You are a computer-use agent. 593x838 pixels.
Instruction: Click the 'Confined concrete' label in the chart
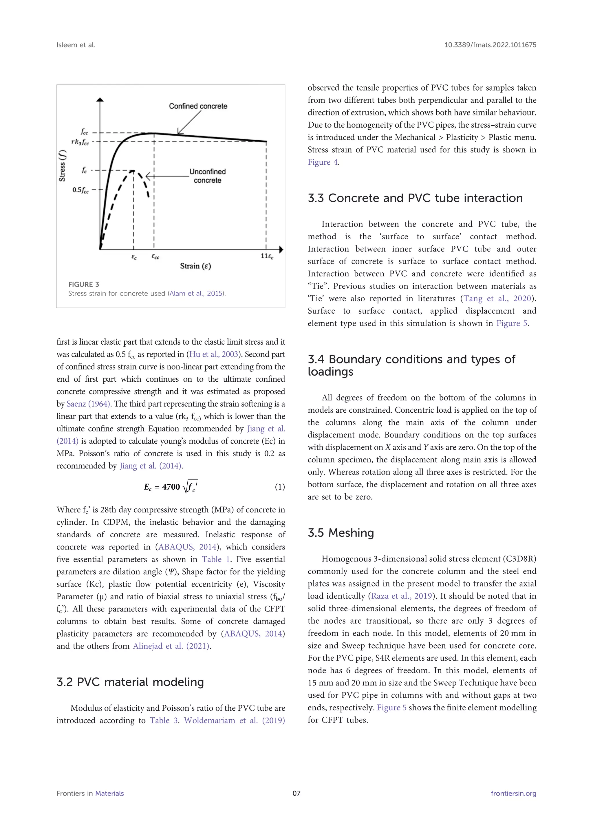(198, 106)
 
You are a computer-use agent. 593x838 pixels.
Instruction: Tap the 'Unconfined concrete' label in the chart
(207, 176)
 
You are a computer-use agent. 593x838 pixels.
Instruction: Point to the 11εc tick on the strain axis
(267, 256)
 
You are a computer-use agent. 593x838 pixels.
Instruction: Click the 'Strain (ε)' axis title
(195, 266)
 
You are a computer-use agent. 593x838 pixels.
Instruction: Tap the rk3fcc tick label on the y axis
(80, 142)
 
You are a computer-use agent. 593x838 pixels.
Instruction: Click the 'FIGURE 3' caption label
(84, 284)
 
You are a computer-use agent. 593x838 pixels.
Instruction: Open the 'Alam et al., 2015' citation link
(196, 293)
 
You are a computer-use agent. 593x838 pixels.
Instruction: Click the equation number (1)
(280, 487)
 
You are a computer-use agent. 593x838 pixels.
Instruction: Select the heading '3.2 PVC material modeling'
(130, 682)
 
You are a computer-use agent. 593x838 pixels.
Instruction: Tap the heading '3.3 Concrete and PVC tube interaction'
(415, 198)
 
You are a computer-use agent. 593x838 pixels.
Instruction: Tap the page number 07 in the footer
(296, 793)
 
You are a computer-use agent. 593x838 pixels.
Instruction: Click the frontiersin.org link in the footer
(513, 793)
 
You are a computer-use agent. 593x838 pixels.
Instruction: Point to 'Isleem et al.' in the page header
(76, 45)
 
